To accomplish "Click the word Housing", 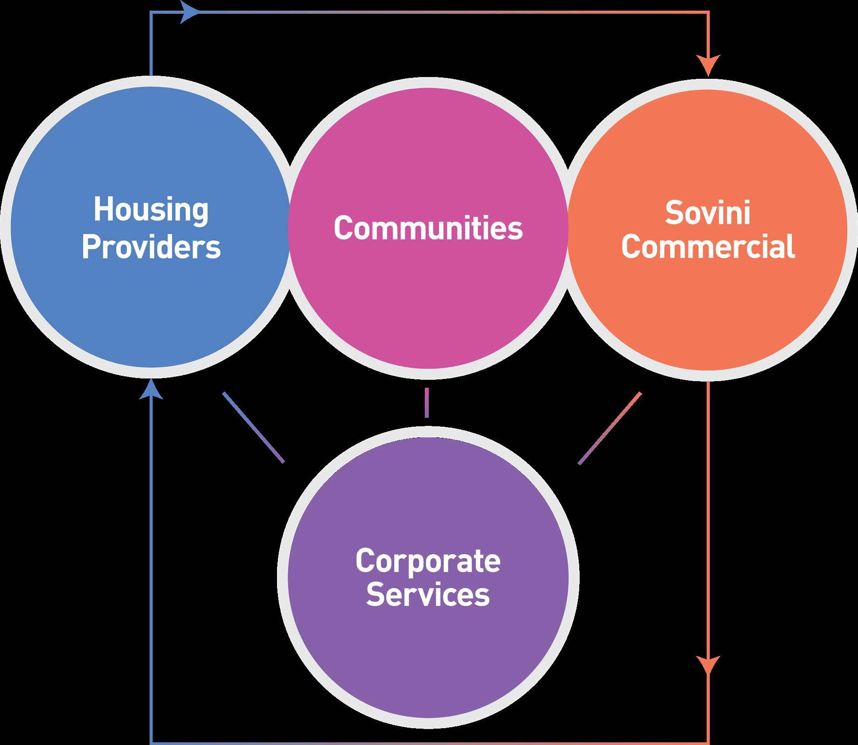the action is [x=151, y=211].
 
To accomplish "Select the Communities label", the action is [x=428, y=228].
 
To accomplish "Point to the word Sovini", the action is [x=708, y=213].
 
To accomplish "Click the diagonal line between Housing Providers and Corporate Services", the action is [x=254, y=427].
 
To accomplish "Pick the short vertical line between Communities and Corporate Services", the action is [x=427, y=403].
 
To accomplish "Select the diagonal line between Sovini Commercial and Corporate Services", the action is [x=610, y=428].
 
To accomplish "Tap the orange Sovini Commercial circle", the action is [x=708, y=310].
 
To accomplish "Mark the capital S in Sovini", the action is [x=673, y=213].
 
